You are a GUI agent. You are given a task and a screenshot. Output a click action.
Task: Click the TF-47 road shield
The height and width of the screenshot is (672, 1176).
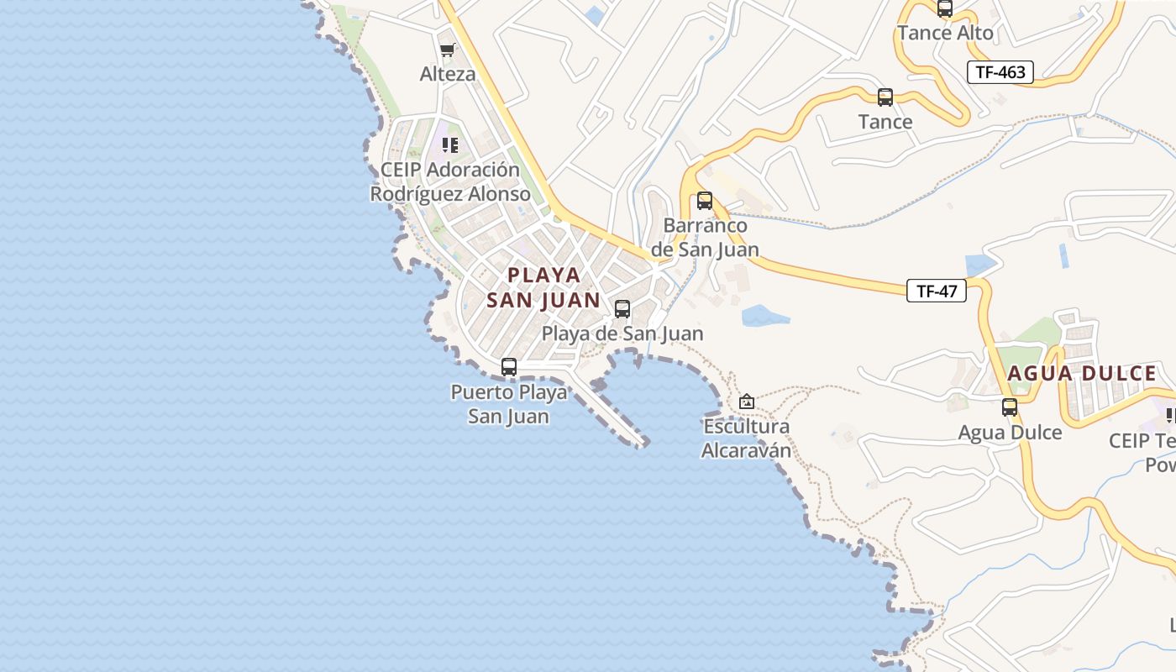(937, 291)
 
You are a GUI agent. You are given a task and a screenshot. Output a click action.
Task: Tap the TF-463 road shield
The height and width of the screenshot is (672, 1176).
(1000, 72)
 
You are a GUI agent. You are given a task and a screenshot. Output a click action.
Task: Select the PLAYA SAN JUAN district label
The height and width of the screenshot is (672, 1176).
(543, 287)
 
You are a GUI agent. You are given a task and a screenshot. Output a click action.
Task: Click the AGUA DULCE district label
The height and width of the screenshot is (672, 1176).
(1082, 374)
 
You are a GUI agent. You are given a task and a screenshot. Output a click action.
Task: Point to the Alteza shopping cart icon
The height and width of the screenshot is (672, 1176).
(448, 50)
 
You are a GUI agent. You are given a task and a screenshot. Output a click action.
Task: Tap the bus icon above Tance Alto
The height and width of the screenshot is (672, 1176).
(945, 9)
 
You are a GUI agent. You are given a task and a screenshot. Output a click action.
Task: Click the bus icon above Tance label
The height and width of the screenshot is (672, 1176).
(885, 97)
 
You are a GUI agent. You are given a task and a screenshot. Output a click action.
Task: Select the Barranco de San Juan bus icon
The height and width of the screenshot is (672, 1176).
(705, 201)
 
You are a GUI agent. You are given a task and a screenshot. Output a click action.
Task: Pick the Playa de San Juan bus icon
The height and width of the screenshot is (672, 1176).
(622, 309)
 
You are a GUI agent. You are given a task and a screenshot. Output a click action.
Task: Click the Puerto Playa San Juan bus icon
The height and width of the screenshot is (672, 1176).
(509, 367)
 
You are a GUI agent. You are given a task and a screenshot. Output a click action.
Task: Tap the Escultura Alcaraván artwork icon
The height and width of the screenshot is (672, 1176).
(746, 402)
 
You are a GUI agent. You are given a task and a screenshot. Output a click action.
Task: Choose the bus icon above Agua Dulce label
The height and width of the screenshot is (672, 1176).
(1010, 407)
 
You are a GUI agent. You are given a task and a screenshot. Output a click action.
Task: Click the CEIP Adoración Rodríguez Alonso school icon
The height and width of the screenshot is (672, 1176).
(450, 145)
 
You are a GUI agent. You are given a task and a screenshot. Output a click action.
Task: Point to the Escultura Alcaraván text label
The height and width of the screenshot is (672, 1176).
(747, 438)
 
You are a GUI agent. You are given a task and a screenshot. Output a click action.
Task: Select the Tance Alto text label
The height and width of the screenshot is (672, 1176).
(945, 34)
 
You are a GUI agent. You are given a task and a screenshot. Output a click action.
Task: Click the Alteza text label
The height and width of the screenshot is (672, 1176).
(448, 74)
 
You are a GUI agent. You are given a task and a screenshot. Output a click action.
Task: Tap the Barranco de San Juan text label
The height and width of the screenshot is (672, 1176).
(705, 238)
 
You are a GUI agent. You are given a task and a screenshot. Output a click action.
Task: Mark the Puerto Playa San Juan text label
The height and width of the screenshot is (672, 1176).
(508, 404)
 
